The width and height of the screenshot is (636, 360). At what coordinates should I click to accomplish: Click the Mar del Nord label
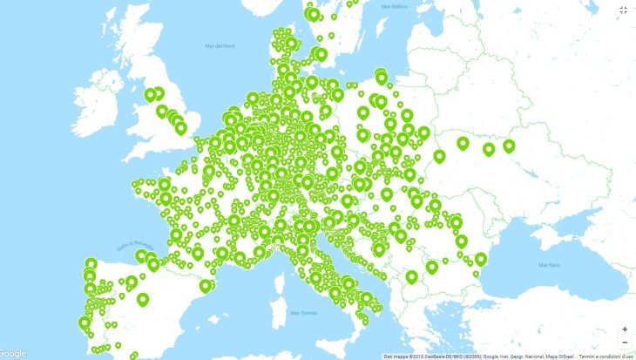220,45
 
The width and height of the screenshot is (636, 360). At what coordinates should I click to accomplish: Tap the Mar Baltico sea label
394,6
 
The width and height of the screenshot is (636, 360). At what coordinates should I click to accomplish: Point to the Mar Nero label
548,264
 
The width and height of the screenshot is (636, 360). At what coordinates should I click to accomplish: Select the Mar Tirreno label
306,312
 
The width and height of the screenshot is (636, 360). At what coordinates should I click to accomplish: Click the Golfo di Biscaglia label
127,244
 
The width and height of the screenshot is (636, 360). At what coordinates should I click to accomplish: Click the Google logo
13,353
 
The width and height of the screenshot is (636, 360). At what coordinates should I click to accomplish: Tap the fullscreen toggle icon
623,10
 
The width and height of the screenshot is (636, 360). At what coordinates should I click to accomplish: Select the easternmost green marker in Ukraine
509,146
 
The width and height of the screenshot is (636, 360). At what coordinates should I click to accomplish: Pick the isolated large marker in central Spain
143,299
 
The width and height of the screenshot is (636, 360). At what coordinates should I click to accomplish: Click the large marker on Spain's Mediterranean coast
206,285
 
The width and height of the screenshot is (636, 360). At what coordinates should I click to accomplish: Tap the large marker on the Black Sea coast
481,258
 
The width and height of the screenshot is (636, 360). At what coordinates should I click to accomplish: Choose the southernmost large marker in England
180,127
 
